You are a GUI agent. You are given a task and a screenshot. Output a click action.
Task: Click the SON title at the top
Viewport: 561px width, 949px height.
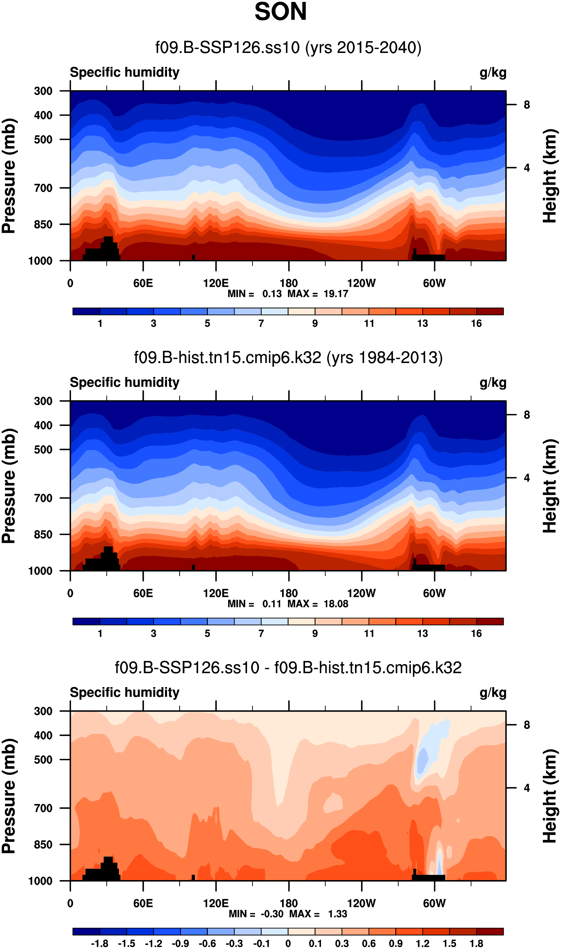click(x=280, y=12)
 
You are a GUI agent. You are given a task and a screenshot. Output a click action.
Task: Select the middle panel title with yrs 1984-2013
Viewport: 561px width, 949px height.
click(x=288, y=358)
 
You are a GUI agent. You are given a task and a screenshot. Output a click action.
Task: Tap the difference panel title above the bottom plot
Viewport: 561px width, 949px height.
click(x=288, y=668)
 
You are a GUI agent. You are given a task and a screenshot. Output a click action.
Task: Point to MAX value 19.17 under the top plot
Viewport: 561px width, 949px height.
click(x=335, y=294)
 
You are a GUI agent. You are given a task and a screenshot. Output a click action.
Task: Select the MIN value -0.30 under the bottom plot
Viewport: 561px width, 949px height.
click(x=272, y=914)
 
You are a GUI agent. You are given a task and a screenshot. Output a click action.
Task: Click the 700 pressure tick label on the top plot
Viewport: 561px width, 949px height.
click(x=43, y=188)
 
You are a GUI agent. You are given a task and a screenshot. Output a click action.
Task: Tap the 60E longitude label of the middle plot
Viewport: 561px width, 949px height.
click(x=143, y=593)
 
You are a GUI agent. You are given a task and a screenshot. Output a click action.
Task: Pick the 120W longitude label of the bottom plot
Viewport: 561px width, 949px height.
click(x=361, y=903)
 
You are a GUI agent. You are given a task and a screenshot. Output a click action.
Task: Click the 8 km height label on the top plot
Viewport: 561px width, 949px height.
click(x=527, y=105)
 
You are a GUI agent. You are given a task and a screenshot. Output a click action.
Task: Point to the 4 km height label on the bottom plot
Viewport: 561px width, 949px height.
click(x=527, y=788)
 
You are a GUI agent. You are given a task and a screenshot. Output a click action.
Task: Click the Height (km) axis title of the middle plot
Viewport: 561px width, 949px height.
click(x=550, y=486)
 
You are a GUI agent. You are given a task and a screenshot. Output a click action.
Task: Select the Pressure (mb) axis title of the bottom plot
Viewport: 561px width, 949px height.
click(x=9, y=796)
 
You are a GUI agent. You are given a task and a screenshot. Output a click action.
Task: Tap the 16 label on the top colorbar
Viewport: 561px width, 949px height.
click(x=476, y=323)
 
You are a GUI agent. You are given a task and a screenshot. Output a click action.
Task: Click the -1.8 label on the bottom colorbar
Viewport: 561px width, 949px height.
click(x=99, y=944)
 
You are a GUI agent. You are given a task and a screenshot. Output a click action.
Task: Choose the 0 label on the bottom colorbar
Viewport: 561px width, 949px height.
click(x=288, y=944)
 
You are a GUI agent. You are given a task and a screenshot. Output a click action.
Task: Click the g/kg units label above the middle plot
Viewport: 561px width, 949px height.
click(x=492, y=383)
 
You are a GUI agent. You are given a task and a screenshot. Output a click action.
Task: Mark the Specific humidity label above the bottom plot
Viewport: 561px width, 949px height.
click(x=124, y=693)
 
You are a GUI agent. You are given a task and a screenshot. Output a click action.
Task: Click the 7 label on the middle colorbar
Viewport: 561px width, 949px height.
click(x=261, y=634)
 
